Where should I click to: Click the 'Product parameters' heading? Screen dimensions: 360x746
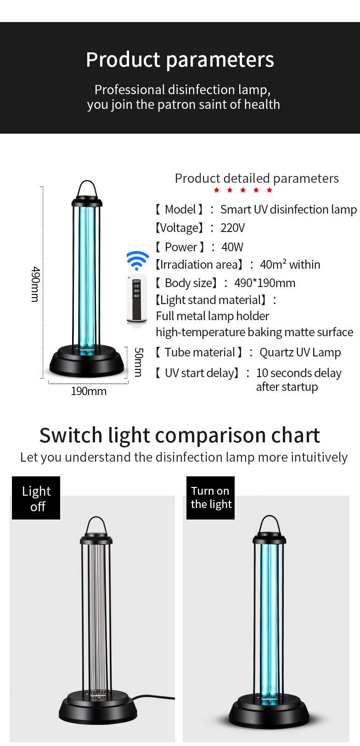(x=180, y=60)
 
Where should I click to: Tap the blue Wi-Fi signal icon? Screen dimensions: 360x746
(x=138, y=260)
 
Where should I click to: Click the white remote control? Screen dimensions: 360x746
(x=136, y=299)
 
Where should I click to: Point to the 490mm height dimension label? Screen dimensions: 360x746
(x=36, y=284)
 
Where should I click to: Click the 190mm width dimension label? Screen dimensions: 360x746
(x=89, y=391)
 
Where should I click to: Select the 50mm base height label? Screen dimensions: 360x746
(x=139, y=362)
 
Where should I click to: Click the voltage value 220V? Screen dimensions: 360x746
(x=232, y=228)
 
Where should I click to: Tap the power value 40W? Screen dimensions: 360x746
(x=232, y=247)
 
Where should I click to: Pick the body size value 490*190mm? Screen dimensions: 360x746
(x=265, y=283)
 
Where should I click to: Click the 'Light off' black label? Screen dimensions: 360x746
(x=36, y=498)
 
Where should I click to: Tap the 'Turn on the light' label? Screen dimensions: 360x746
(x=210, y=498)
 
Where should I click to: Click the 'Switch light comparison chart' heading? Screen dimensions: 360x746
(x=180, y=435)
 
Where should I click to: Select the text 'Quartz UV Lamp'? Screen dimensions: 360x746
(x=300, y=352)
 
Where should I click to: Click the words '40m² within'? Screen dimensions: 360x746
(x=290, y=265)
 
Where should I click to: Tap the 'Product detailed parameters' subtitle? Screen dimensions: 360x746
(x=257, y=179)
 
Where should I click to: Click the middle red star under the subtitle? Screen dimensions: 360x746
(x=243, y=190)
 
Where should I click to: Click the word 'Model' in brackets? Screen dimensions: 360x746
(x=180, y=209)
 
